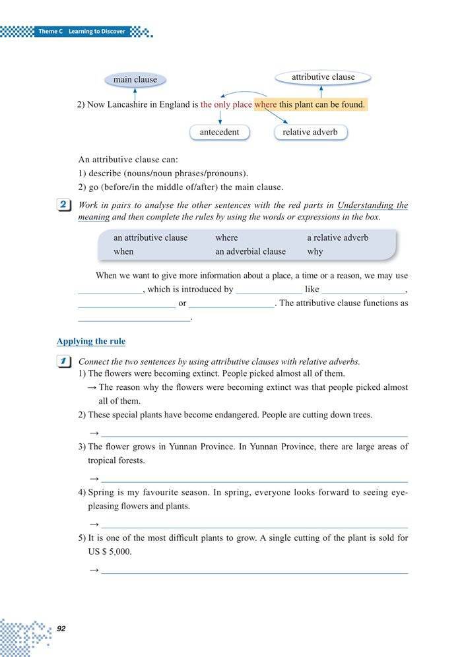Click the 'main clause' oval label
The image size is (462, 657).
[135, 80]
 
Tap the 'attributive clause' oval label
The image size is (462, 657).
[323, 77]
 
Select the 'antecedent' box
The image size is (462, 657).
[219, 132]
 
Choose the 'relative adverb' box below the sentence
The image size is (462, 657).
[310, 132]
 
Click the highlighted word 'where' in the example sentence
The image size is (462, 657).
[265, 104]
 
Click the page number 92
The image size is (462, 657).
[61, 628]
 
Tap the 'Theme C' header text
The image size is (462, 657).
[50, 31]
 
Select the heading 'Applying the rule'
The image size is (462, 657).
[90, 341]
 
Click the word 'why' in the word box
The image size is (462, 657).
[315, 251]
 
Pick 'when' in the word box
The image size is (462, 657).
[123, 251]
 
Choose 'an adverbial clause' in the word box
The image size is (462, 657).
[250, 251]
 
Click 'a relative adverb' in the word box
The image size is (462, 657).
[337, 237]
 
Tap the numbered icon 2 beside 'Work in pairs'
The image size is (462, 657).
[64, 205]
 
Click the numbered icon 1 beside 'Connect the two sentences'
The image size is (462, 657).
[64, 361]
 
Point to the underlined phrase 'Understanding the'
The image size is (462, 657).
[372, 205]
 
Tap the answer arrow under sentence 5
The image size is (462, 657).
[94, 569]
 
